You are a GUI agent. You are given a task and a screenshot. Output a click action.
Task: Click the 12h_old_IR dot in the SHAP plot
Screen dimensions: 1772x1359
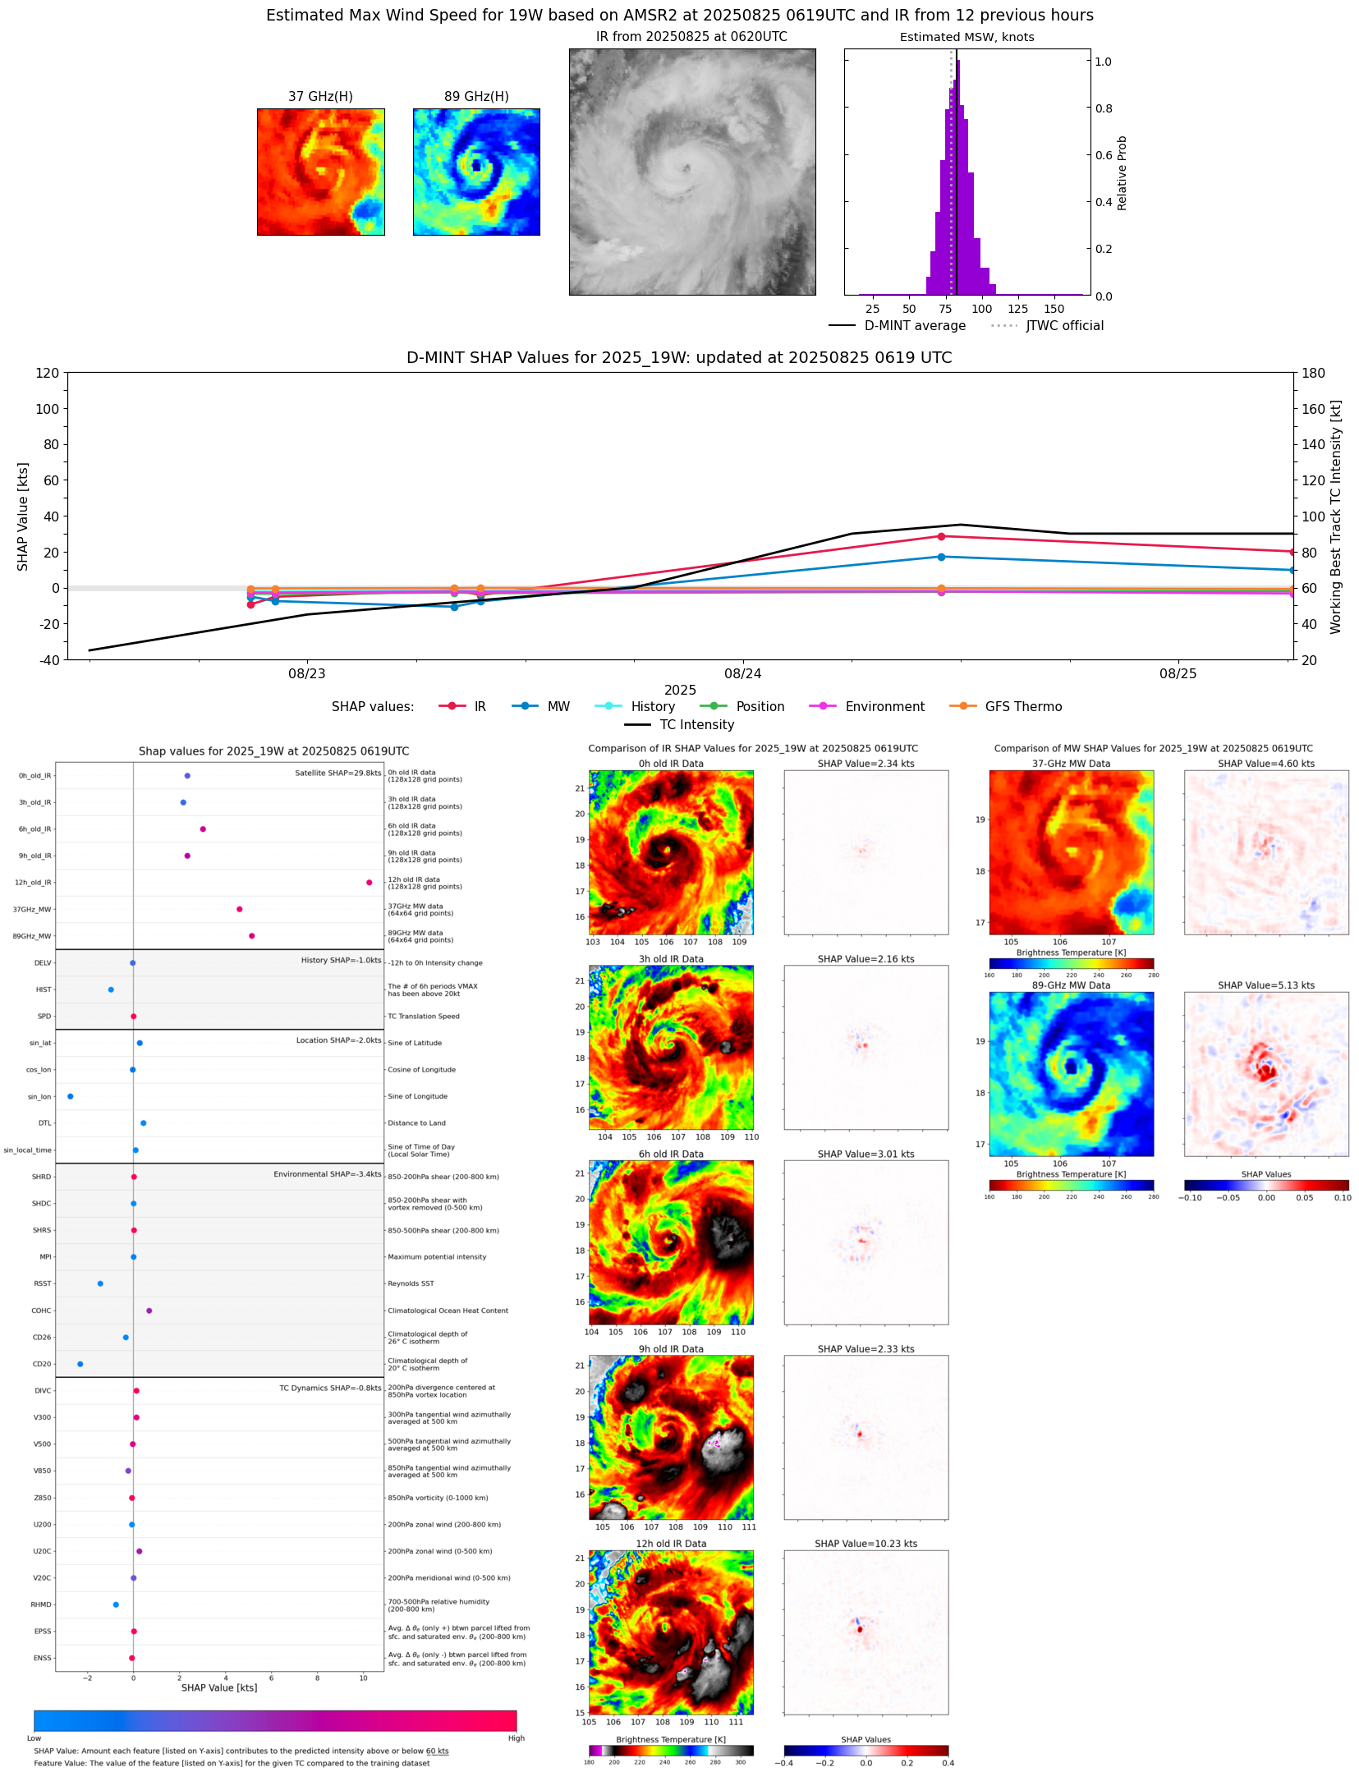369,883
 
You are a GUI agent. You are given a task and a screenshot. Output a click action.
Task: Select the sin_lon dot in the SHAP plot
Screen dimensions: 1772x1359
71,1096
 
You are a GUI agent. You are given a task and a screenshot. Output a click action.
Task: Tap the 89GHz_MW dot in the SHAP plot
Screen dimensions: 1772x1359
251,936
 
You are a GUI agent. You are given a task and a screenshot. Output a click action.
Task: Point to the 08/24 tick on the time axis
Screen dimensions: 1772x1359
742,674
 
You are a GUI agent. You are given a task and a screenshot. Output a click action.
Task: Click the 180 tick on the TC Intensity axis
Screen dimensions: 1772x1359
1314,373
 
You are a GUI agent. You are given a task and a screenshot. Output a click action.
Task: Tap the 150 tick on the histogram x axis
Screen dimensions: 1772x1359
1054,310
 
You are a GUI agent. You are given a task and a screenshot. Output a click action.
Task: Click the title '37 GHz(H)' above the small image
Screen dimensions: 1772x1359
320,97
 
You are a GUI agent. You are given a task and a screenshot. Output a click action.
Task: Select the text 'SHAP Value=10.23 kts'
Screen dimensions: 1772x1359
865,1544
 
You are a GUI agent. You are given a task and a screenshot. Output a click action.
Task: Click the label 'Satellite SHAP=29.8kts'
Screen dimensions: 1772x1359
337,773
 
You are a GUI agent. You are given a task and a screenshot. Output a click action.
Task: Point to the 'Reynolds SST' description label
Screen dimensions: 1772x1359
411,1283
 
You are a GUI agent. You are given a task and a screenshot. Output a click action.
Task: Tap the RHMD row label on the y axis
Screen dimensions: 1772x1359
41,1604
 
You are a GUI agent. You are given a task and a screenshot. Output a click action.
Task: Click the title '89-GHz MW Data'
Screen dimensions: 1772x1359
1071,985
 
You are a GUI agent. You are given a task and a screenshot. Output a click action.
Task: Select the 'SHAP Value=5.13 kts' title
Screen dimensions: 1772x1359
1265,985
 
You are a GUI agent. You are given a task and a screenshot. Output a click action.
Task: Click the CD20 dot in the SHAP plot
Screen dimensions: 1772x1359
80,1364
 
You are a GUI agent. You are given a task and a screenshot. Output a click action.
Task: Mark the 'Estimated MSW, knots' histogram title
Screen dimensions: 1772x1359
966,37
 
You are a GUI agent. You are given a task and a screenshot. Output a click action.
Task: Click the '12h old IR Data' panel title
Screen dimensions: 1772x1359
671,1544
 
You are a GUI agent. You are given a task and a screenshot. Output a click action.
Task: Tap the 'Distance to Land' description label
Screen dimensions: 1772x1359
416,1123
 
